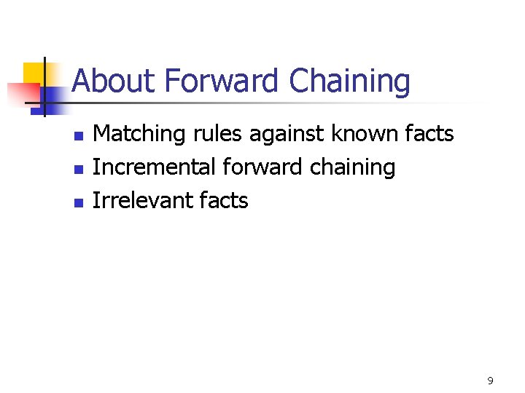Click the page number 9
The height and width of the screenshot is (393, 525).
tap(490, 381)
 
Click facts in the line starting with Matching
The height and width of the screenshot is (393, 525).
tap(429, 134)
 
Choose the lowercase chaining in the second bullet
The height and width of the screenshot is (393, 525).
tap(352, 168)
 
